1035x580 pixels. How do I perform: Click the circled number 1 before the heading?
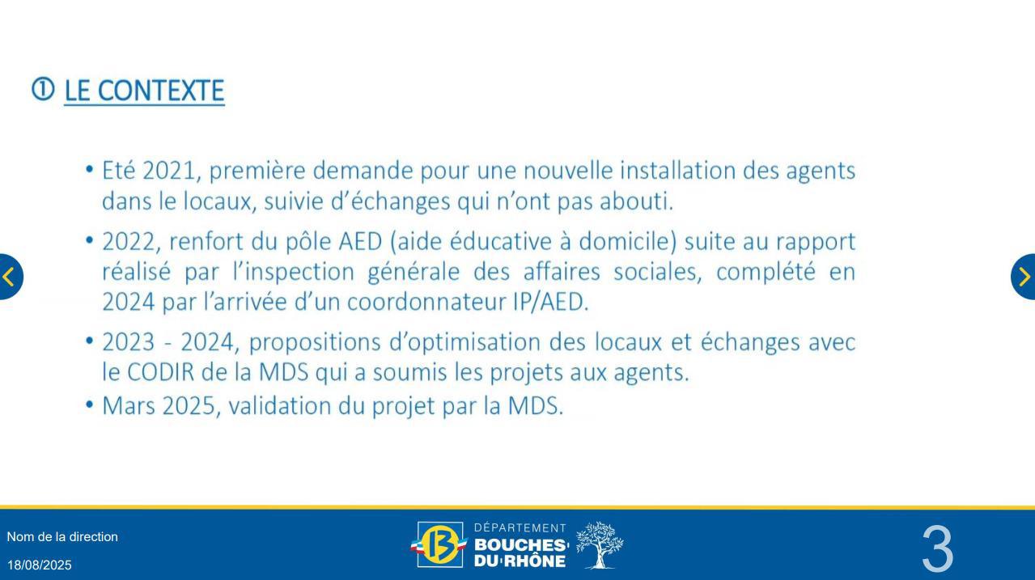click(x=43, y=89)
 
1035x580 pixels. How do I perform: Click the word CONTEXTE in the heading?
click(x=161, y=91)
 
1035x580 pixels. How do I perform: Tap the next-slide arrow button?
click(x=1024, y=277)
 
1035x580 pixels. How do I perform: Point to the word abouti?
click(x=636, y=201)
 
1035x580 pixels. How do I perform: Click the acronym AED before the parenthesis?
click(x=360, y=241)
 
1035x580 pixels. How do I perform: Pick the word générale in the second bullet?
click(x=414, y=272)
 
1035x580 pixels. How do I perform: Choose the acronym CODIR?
click(x=161, y=372)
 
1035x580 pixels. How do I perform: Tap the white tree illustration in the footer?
click(x=600, y=545)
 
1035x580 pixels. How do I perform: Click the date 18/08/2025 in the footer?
click(x=40, y=565)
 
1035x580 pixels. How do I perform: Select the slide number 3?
click(x=937, y=548)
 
